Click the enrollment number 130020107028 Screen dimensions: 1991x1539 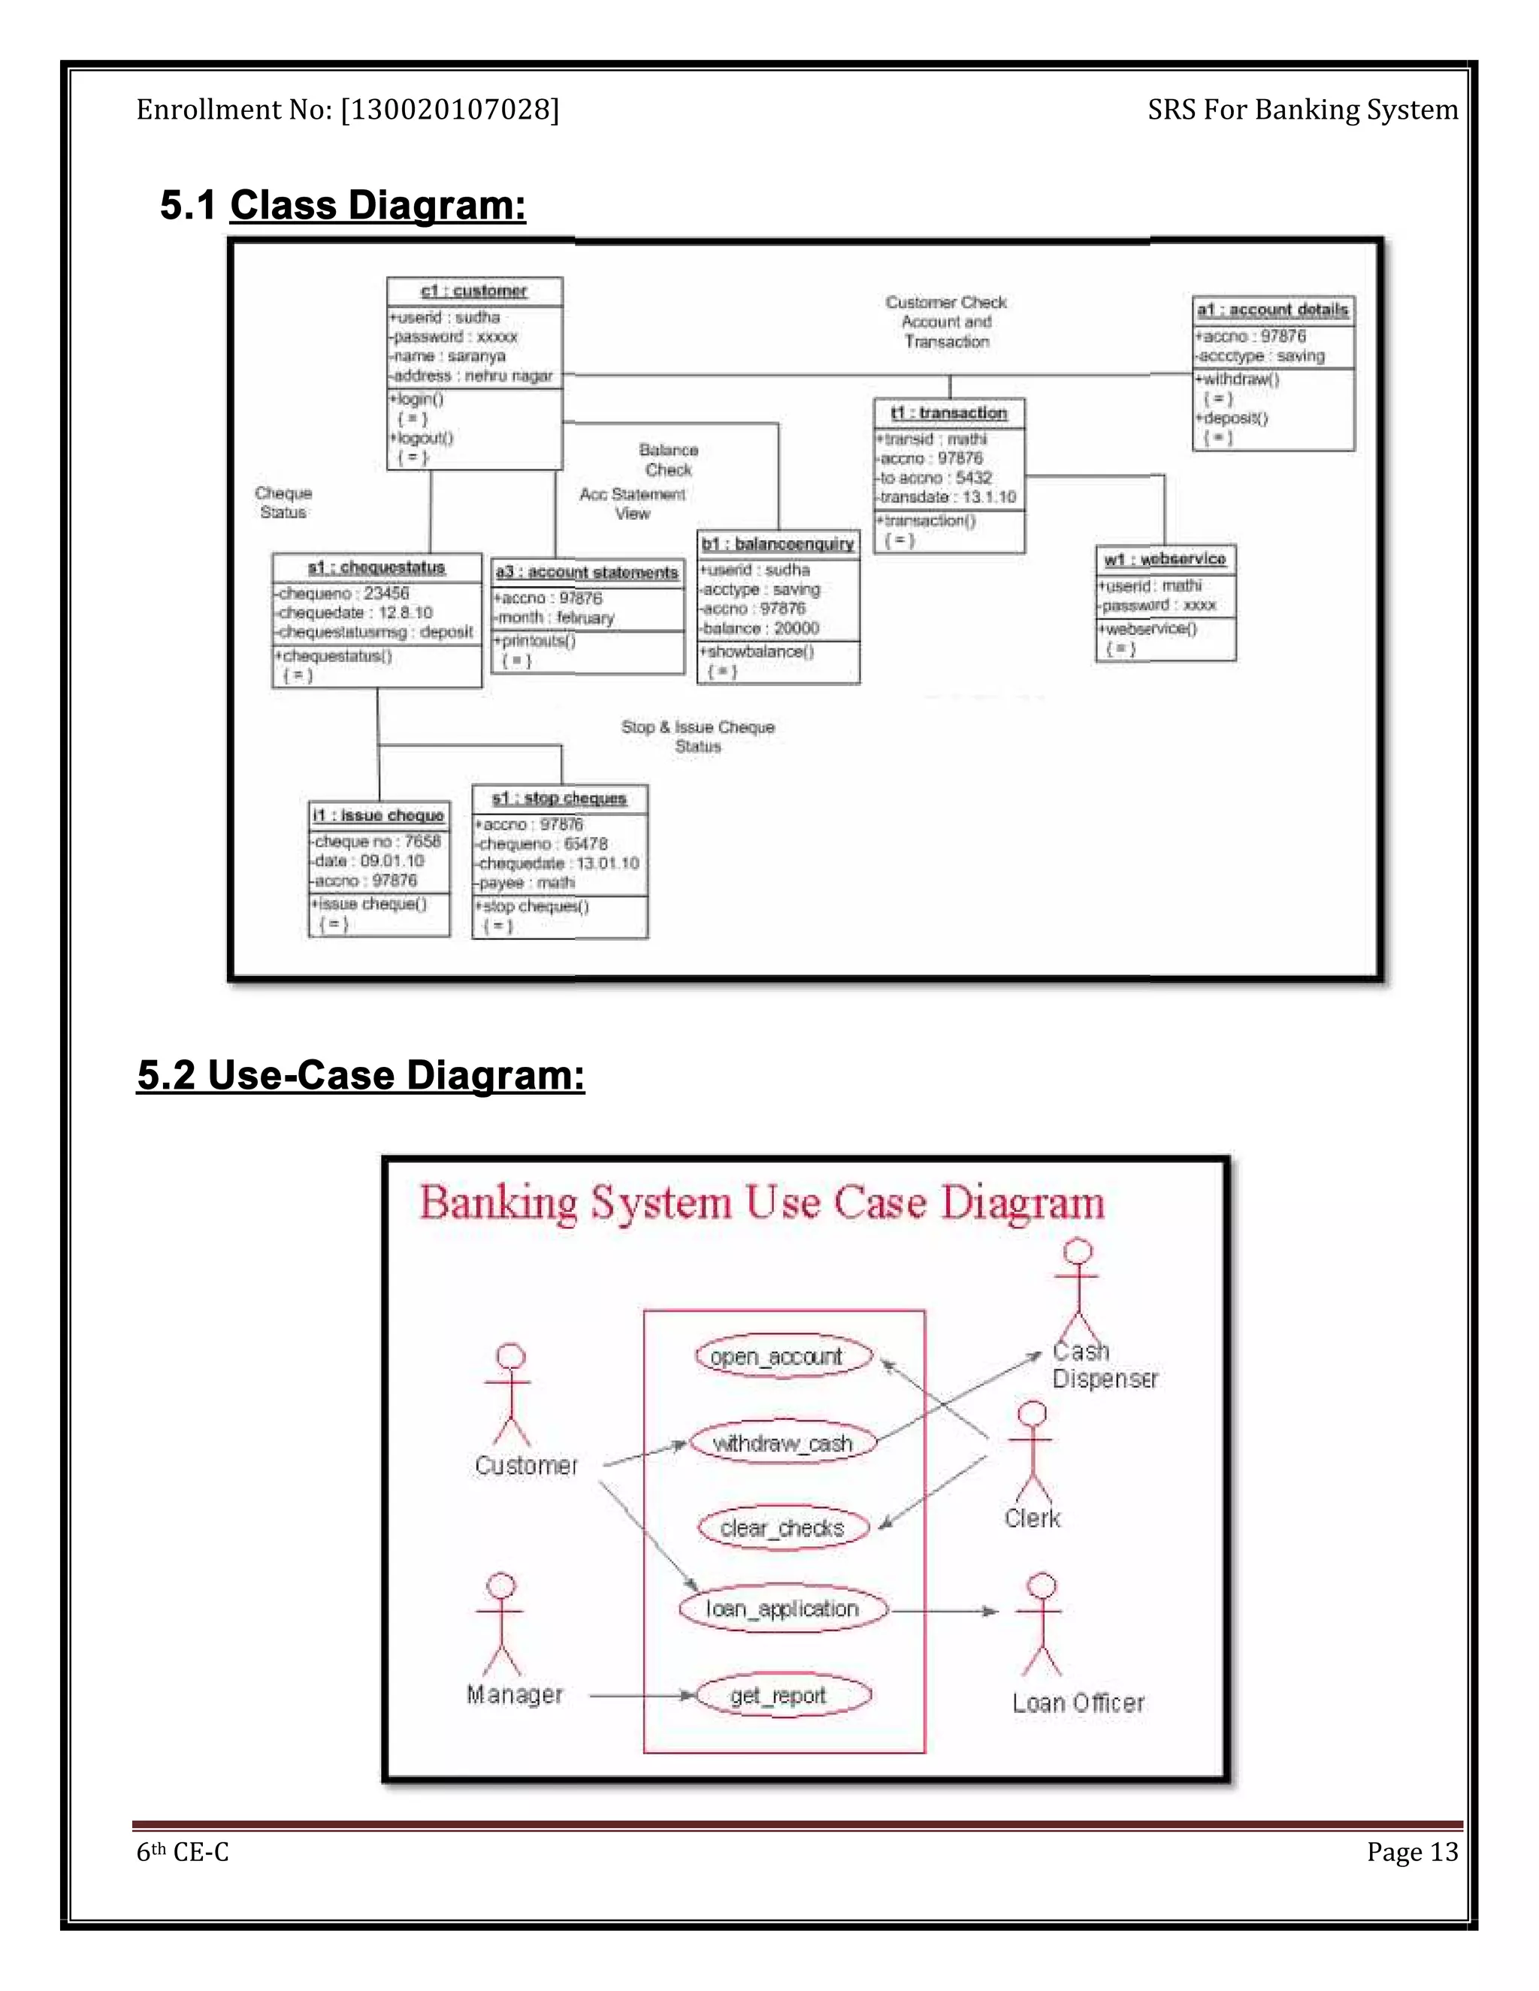(449, 110)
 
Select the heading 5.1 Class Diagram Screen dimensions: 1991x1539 (343, 205)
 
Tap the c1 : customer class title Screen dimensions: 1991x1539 (474, 291)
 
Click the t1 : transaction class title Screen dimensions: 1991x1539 (949, 413)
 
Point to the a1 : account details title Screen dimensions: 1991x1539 (1273, 310)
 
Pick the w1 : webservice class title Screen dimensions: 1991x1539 (1166, 559)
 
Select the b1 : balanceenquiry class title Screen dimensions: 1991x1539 (778, 544)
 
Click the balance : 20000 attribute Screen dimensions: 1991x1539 (760, 628)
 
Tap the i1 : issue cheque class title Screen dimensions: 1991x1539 (379, 815)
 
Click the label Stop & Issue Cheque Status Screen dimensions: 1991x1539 (697, 736)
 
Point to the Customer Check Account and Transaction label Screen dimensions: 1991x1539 (946, 322)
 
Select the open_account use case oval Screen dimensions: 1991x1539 (783, 1356)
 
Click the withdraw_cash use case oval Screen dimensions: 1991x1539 (782, 1443)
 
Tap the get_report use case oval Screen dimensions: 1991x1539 (782, 1696)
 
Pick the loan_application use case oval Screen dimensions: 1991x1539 (782, 1609)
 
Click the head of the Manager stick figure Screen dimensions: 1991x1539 (500, 1585)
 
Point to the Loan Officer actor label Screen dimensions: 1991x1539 (1078, 1703)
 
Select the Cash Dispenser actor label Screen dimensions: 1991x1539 (1103, 1364)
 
